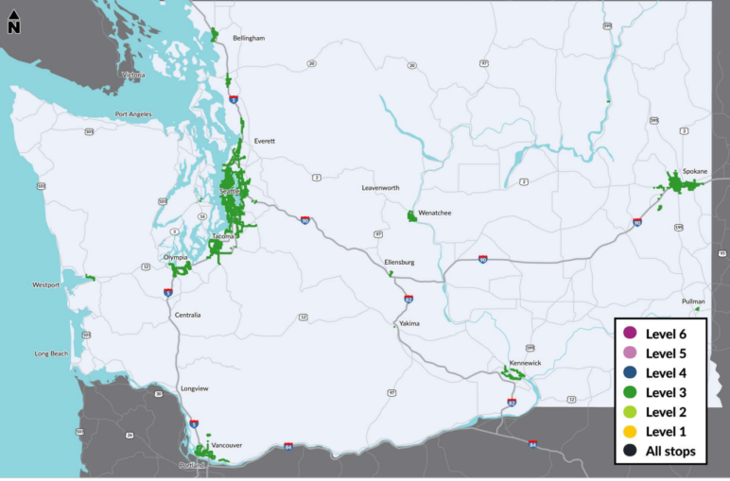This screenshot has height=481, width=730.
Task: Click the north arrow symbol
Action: pos(14,24)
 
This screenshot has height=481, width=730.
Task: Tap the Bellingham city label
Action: pos(249,38)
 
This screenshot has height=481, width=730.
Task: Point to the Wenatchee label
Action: pos(435,213)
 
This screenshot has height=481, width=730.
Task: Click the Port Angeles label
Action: pos(133,114)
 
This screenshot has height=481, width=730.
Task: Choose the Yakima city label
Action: pos(408,323)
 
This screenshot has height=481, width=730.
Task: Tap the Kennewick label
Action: pos(524,362)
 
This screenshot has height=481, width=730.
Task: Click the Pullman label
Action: pos(693,301)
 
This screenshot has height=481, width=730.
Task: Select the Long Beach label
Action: pos(51,353)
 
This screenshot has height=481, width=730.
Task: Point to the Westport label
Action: pos(46,284)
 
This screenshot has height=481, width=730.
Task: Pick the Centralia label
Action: pos(187,315)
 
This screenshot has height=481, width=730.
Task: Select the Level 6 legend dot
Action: pos(630,333)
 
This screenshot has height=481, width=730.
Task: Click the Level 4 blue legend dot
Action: pos(630,372)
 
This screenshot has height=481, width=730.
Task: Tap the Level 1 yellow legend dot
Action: pos(630,431)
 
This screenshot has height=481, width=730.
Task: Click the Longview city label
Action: pos(194,388)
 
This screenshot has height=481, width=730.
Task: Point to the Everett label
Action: pos(264,141)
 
